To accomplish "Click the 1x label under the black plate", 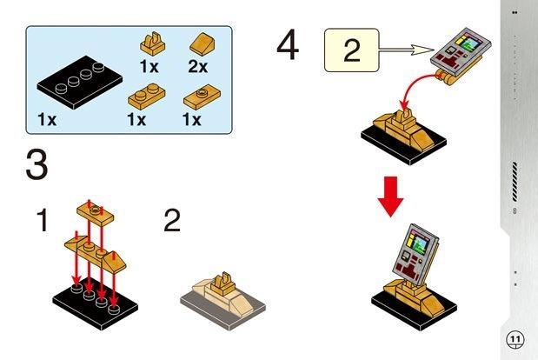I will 46,119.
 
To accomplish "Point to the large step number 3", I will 36,165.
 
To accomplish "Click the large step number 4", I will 288,46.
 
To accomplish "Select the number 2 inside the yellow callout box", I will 351,50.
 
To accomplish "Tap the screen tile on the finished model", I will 410,252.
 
